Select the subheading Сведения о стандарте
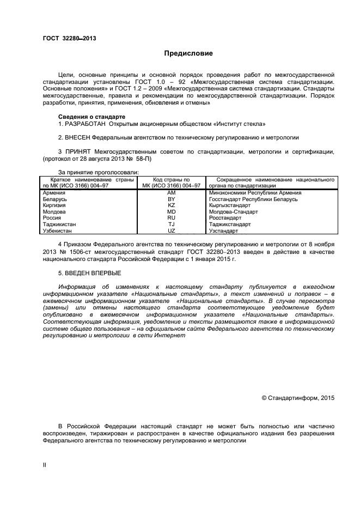pyautogui.click(x=91, y=117)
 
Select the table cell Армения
pyautogui.click(x=54, y=193)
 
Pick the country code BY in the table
pyautogui.click(x=171, y=199)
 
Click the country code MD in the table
pyautogui.click(x=171, y=211)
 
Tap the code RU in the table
pyautogui.click(x=171, y=218)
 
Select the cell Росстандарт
pyautogui.click(x=225, y=218)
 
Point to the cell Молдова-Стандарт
pyautogui.click(x=233, y=211)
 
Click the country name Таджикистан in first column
pyautogui.click(x=59, y=224)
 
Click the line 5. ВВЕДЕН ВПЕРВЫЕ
pyautogui.click(x=89, y=272)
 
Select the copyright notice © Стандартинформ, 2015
pyautogui.click(x=298, y=398)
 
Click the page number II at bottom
pyautogui.click(x=45, y=464)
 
